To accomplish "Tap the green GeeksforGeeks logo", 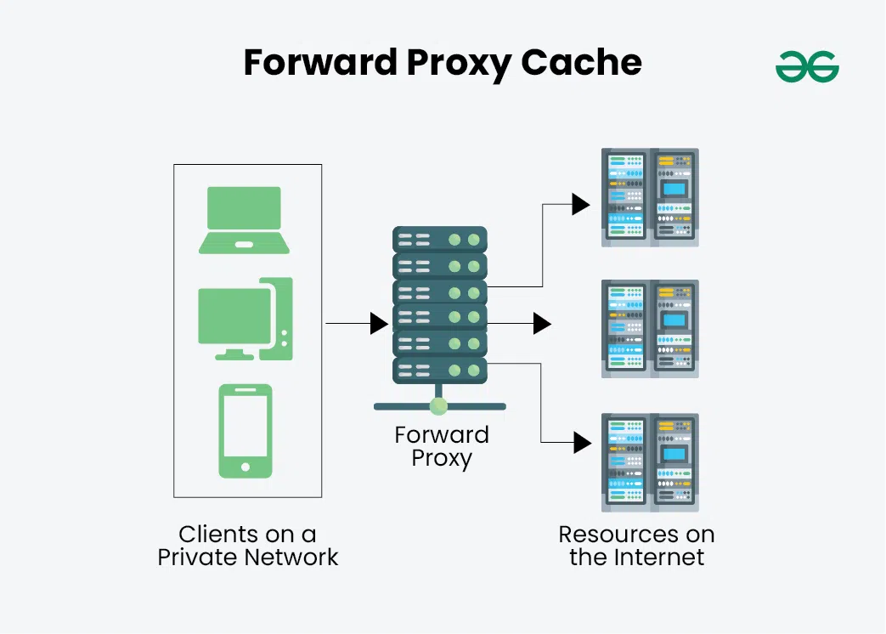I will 807,66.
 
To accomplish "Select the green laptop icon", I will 245,220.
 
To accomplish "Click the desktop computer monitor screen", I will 234,316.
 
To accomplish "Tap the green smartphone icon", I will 245,431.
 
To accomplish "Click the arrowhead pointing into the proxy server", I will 379,323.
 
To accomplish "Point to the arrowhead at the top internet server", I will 581,204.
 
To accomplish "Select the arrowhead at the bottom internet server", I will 582,442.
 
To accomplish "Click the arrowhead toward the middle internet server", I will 542,323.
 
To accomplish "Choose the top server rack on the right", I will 650,197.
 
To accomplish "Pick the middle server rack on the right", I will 650,328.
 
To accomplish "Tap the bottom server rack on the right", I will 650,461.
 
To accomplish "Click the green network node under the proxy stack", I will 439,405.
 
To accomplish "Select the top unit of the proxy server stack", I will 439,239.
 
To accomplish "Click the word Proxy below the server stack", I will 442,459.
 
